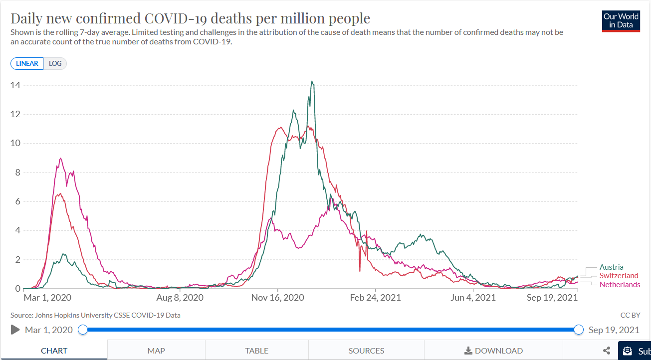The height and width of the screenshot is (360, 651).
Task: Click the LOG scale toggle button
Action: (x=55, y=64)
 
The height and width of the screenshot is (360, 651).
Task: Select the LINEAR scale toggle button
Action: (x=27, y=64)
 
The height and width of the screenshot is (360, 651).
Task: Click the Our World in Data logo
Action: (x=621, y=20)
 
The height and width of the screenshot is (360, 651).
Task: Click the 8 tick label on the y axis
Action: (x=17, y=173)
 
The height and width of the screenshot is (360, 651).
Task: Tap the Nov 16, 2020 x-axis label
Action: (x=277, y=298)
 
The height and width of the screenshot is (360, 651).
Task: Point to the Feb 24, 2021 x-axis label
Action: (x=375, y=298)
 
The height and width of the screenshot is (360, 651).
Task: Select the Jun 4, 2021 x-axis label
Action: (x=473, y=298)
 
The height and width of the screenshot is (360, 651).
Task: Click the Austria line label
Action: (x=611, y=267)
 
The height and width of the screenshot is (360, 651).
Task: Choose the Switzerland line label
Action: (x=619, y=276)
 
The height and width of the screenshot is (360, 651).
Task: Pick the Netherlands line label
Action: (x=620, y=285)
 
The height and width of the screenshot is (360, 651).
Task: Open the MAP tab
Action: (x=156, y=351)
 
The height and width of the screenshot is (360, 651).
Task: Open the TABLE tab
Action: (x=256, y=351)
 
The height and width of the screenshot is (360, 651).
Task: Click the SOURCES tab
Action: (x=366, y=351)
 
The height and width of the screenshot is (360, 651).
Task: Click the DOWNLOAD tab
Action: (x=493, y=351)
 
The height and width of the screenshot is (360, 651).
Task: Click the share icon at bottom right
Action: (x=607, y=351)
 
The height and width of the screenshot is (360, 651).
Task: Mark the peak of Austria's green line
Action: (x=312, y=81)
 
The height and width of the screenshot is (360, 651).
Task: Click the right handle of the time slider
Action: (x=579, y=330)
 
